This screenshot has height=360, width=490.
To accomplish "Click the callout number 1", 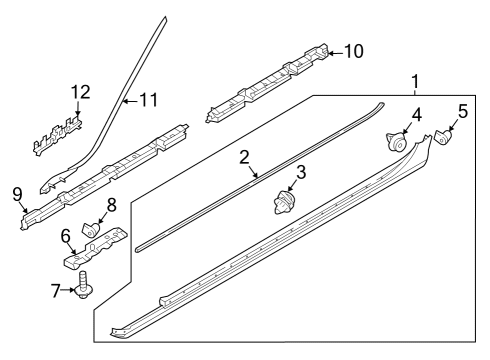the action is tap(415, 82).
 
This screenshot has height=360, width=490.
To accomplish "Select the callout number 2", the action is tap(244, 158).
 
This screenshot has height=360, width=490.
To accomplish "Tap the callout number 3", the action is tap(301, 173).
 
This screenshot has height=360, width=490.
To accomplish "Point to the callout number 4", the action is tap(416, 115).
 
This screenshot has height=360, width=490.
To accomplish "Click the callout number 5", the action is tap(463, 111).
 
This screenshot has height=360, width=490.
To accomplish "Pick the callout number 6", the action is tap(66, 236).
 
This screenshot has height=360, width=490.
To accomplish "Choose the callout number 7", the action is tap(56, 290).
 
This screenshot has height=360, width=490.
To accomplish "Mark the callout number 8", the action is tap(111, 205).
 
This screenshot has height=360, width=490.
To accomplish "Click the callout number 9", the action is tap(17, 195).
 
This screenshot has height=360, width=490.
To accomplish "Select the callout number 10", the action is tap(353, 52).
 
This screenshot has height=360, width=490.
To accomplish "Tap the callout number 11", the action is tap(148, 100).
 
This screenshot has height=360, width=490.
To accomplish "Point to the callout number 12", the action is tap(81, 92).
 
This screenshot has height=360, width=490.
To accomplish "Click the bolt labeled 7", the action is tap(83, 285).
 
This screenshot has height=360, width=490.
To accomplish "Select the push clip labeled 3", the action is tap(283, 202).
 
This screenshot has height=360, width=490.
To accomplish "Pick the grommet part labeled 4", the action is tap(396, 142).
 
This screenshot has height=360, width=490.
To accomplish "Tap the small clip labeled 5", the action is tap(443, 137).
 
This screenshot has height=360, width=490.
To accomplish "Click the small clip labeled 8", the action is tap(91, 229).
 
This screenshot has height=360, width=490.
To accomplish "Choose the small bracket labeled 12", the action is tap(58, 135).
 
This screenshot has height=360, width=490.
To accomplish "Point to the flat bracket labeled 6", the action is tap(95, 247).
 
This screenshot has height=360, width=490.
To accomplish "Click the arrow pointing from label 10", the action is tap(335, 53).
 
